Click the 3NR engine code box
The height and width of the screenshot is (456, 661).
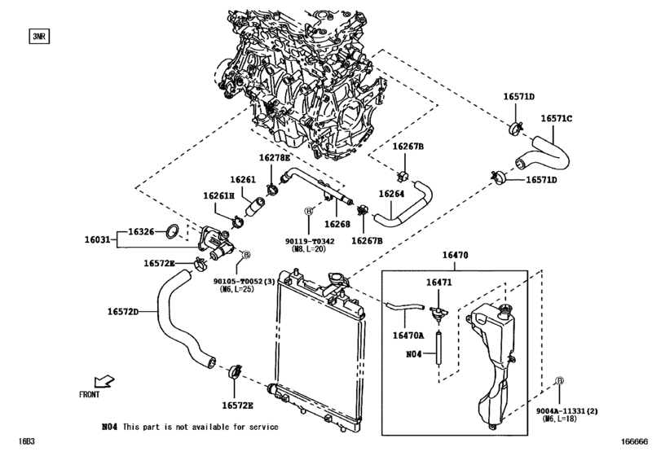[x=39, y=37]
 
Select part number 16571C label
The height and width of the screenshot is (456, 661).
[x=557, y=119]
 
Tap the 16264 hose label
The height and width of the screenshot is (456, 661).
[x=391, y=194]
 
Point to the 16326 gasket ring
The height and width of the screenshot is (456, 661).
[x=172, y=231]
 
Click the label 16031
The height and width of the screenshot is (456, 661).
[x=97, y=239]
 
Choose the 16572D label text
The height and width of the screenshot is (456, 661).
[x=123, y=312]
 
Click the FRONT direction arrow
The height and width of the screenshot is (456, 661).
[x=104, y=381]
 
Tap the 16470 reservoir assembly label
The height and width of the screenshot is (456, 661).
[x=455, y=255]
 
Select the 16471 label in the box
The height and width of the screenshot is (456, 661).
[x=438, y=282]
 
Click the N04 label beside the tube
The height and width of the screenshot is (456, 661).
[x=413, y=354]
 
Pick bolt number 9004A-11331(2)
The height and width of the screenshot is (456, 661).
[x=566, y=411]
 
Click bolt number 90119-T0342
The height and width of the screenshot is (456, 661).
[x=310, y=241]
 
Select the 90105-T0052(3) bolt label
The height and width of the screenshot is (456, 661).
[x=244, y=281]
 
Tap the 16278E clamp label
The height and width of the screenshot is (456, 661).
[x=275, y=158]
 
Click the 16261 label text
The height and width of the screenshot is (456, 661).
[x=243, y=180]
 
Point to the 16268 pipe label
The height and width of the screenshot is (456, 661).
[x=337, y=225]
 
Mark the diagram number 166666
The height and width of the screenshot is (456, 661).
[x=633, y=441]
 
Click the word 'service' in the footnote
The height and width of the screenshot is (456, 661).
[x=264, y=427]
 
